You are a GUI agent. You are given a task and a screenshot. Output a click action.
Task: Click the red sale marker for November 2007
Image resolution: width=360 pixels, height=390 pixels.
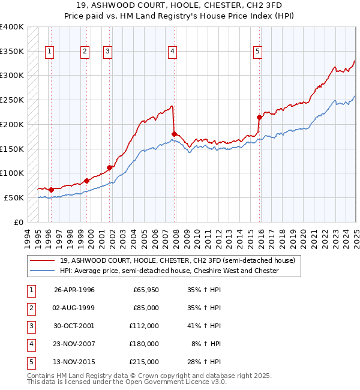click(174, 134)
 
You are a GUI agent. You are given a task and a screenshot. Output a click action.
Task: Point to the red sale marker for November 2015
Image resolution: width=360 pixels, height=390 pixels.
click(259, 117)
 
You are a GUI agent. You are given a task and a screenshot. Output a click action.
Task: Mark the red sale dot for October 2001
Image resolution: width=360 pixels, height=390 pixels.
click(110, 167)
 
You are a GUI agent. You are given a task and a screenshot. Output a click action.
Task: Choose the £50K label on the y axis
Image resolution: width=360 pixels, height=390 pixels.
click(14, 197)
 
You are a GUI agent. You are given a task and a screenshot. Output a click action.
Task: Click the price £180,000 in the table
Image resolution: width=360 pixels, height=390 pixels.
click(145, 344)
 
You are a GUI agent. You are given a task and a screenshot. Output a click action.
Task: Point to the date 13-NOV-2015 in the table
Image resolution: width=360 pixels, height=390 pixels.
click(74, 362)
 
